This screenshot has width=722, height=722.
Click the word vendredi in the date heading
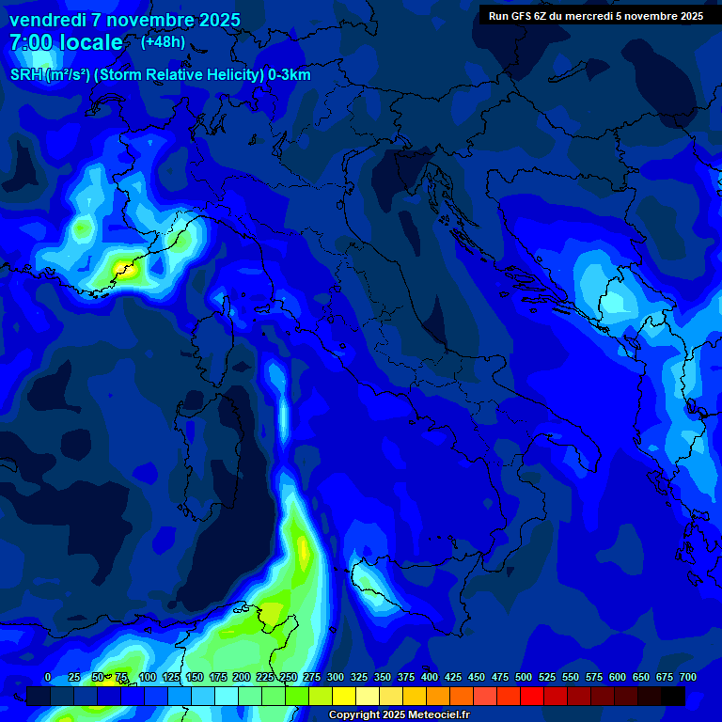click(x=48, y=20)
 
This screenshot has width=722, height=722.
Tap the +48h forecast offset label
click(x=163, y=42)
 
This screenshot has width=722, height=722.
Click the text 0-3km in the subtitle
click(x=290, y=75)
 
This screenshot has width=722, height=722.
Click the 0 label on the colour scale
click(x=48, y=678)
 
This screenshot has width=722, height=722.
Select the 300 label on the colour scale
click(x=335, y=678)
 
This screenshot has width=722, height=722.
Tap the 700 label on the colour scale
click(x=687, y=678)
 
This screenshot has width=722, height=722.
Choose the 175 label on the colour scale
click(x=217, y=678)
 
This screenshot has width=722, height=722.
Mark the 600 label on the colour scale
click(x=618, y=678)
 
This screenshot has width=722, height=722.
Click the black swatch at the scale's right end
click(x=673, y=697)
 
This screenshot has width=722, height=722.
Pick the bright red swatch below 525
click(x=532, y=697)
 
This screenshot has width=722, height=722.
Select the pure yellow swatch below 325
click(x=344, y=697)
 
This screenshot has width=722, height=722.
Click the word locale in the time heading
click(x=88, y=43)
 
